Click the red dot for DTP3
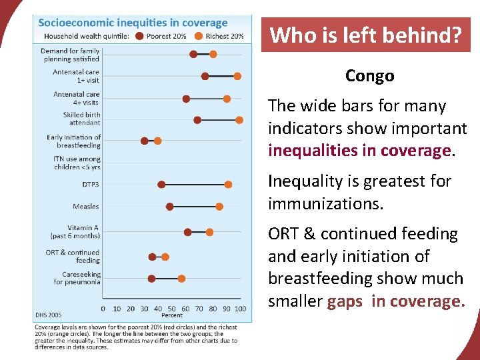point(161,184)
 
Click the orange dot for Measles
point(219,207)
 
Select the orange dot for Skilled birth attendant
point(239,120)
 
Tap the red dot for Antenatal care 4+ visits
point(186,99)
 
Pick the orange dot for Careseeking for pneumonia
point(181,279)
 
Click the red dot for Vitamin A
point(188,232)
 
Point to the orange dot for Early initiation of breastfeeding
point(157,141)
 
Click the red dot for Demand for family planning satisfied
point(193,54)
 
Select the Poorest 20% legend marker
point(139,36)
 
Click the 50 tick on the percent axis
point(172,309)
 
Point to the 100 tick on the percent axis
point(240,309)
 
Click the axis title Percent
point(172,315)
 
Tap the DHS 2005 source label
point(48,315)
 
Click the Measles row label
point(87,207)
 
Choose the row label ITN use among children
point(77,163)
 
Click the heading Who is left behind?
point(365,35)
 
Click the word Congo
point(369,76)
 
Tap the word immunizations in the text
point(325,203)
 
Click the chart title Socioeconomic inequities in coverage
point(133,23)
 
